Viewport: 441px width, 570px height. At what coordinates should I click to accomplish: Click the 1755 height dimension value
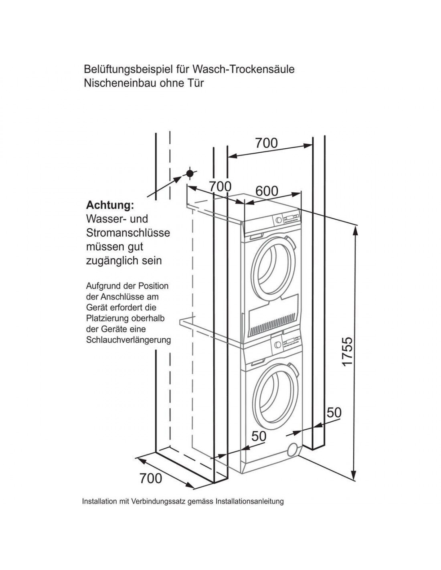pyautogui.click(x=347, y=351)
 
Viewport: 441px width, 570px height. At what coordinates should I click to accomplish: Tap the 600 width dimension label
pyautogui.click(x=267, y=191)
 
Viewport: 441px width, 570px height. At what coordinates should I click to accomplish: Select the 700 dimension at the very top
pyautogui.click(x=266, y=143)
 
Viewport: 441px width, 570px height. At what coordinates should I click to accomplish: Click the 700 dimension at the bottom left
pyautogui.click(x=151, y=478)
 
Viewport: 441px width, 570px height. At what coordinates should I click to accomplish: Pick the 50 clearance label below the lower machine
pyautogui.click(x=259, y=436)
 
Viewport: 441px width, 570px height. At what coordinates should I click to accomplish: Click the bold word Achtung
pyautogui.click(x=110, y=205)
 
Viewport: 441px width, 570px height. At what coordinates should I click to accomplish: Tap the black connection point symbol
pyautogui.click(x=190, y=174)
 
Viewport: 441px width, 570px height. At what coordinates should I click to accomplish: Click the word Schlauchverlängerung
pyautogui.click(x=128, y=340)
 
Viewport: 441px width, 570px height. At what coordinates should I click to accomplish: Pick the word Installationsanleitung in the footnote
pyautogui.click(x=249, y=501)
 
